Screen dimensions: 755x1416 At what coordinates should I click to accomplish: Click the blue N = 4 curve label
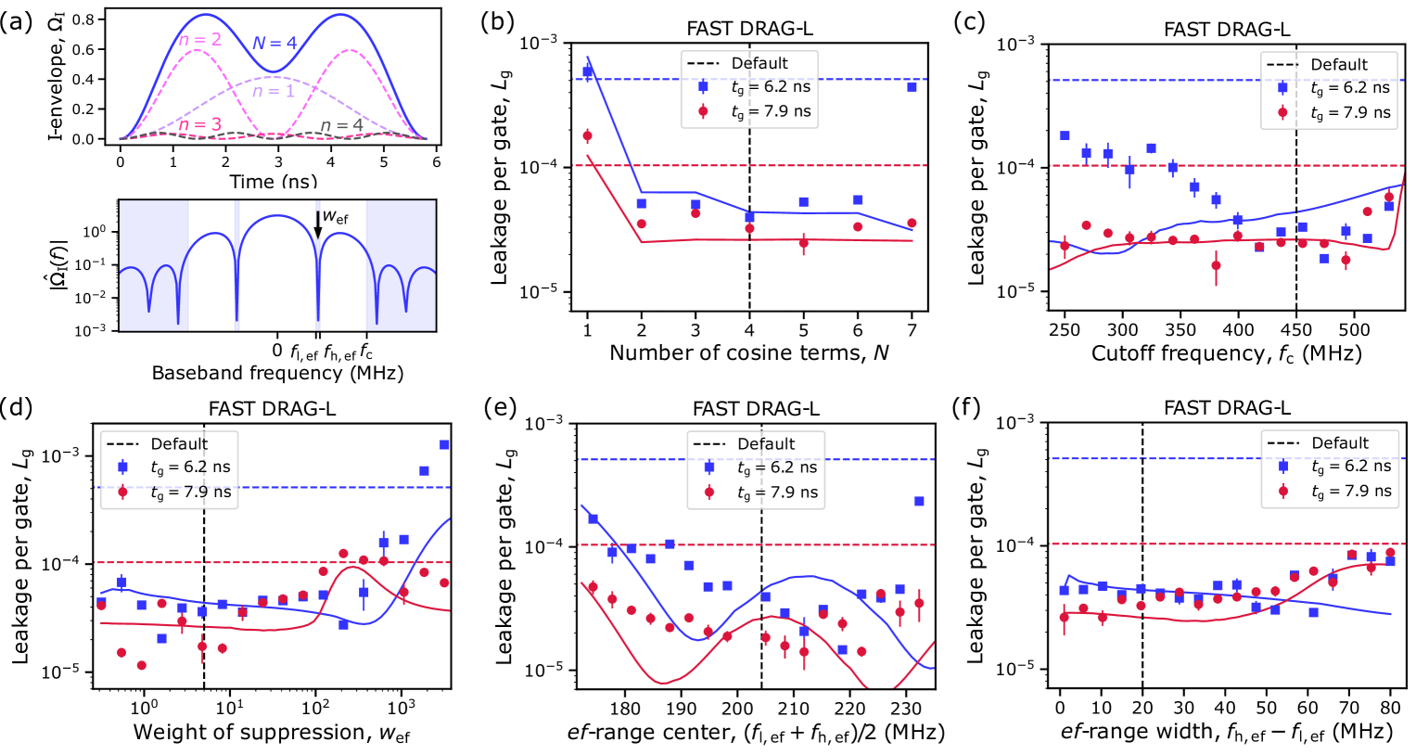click(x=274, y=43)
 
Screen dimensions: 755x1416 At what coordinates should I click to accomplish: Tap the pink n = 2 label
click(x=199, y=40)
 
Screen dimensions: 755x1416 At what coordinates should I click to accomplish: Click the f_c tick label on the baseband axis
click(x=366, y=352)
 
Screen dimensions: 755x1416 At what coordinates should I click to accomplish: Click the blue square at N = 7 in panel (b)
click(x=912, y=87)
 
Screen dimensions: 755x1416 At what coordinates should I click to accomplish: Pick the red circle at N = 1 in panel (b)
click(x=587, y=136)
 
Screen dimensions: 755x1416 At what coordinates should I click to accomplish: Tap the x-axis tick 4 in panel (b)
click(x=749, y=329)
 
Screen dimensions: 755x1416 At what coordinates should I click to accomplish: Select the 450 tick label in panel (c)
click(x=1296, y=329)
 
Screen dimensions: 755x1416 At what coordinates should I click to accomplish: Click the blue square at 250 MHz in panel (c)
click(x=1065, y=135)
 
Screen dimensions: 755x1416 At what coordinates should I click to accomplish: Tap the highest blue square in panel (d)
click(x=1371, y=445)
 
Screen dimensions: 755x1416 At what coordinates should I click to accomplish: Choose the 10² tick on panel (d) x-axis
click(x=316, y=710)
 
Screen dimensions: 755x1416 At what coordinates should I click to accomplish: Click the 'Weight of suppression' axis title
click(x=271, y=733)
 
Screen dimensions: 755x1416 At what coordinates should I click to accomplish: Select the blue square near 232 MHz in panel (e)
click(x=919, y=501)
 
